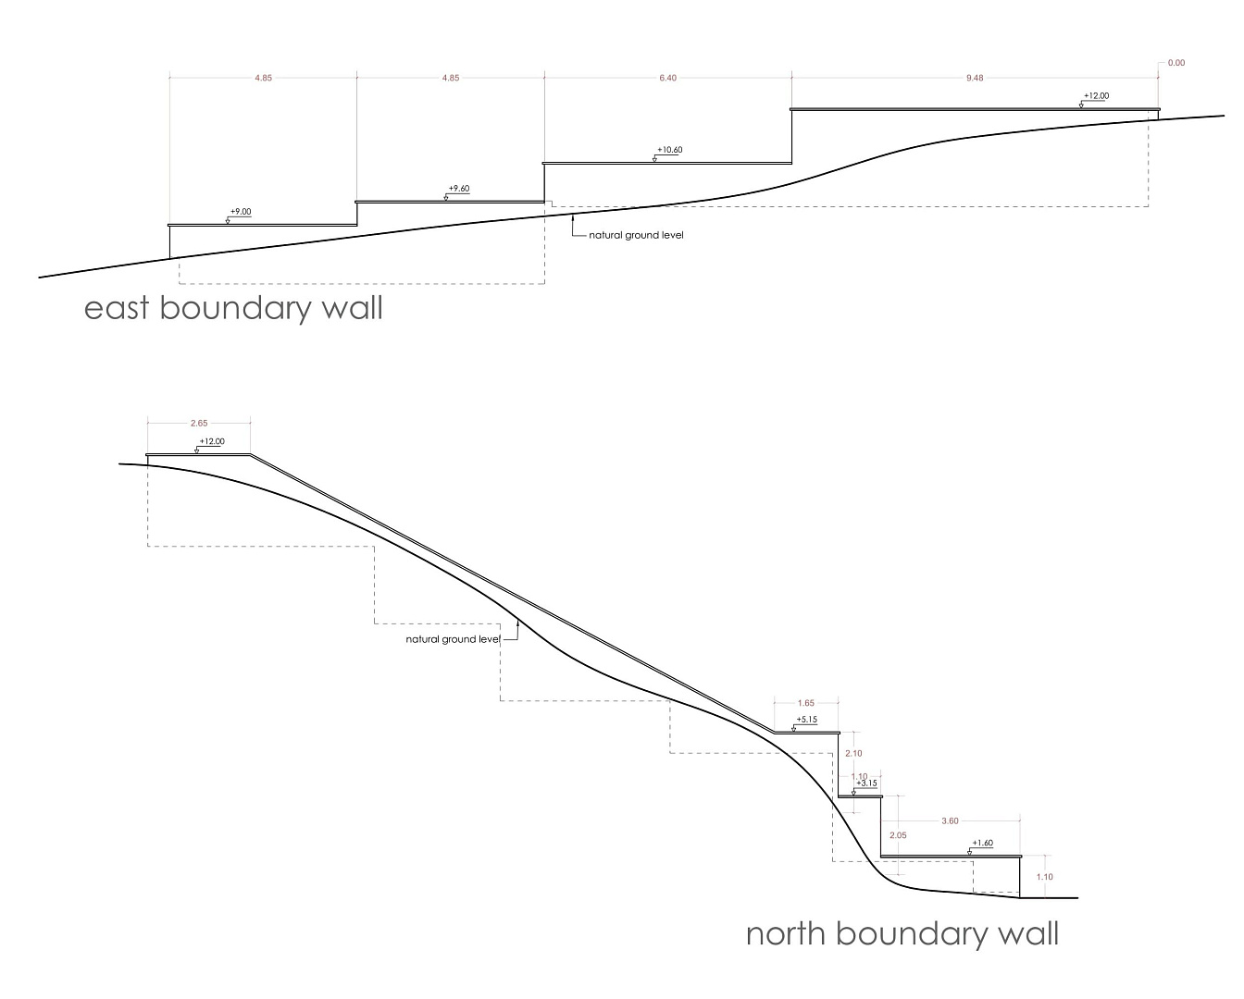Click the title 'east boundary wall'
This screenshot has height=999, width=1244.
click(x=233, y=307)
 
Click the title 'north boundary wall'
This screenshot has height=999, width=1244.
click(x=902, y=932)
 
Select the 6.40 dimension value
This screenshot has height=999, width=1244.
click(x=667, y=79)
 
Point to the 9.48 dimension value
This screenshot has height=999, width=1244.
click(x=975, y=79)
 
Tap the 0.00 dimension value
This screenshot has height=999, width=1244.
click(x=1176, y=63)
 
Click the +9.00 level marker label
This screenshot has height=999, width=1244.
click(x=240, y=212)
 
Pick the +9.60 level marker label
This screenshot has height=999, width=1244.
click(x=458, y=189)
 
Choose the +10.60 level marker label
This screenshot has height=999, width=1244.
click(x=669, y=150)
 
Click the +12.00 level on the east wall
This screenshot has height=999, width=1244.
click(x=1095, y=95)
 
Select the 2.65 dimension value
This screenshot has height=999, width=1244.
click(x=199, y=423)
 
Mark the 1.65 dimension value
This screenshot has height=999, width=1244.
click(x=805, y=704)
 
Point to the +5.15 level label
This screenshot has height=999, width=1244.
click(x=806, y=720)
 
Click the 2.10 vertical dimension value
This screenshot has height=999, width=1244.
click(x=852, y=754)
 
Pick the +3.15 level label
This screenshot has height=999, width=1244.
click(x=866, y=783)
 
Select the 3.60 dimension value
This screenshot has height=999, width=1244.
click(x=949, y=820)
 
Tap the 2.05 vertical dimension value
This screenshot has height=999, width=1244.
click(x=897, y=835)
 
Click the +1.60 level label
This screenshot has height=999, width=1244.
click(x=982, y=844)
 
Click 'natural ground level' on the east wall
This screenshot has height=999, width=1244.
click(x=636, y=235)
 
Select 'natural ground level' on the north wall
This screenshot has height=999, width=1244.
click(x=453, y=639)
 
